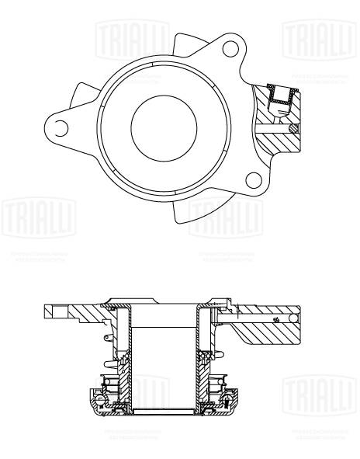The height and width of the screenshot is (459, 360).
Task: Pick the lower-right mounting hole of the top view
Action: coord(252,181)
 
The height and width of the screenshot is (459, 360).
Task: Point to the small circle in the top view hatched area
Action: coord(292,128)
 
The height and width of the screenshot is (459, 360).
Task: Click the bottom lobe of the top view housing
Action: coord(194,210)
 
